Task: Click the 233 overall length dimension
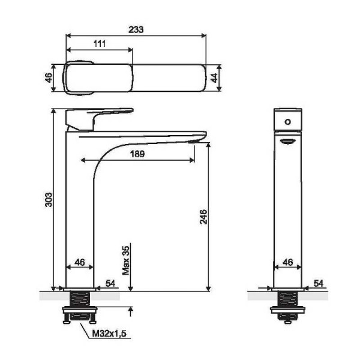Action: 136,29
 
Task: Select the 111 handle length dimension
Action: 100,44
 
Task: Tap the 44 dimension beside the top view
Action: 214,78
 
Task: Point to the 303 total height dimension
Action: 49,200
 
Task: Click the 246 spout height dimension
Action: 203,217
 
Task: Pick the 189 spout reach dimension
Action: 137,154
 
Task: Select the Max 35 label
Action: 126,260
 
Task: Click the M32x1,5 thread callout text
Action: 109,334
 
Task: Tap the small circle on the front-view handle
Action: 287,122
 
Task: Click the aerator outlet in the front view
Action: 287,141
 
